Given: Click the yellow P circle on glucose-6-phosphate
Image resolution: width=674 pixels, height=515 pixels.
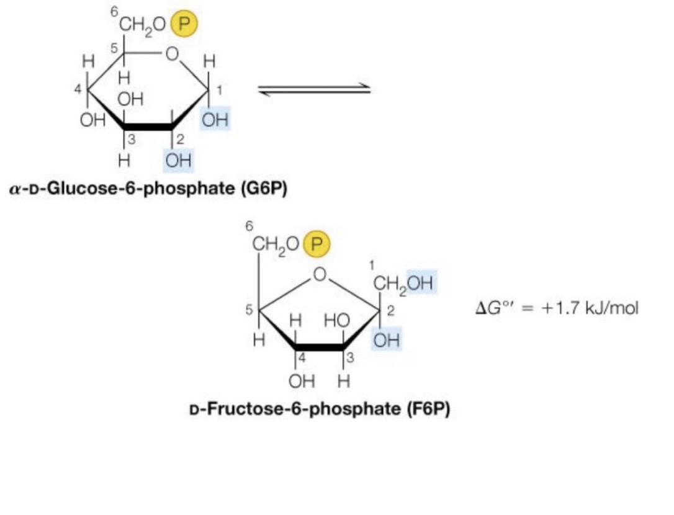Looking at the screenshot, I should click(x=184, y=24).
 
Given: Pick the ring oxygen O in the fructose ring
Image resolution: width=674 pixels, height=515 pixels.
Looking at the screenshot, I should click(x=320, y=274).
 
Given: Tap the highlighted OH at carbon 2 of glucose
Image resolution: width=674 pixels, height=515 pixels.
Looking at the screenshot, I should click(x=178, y=161).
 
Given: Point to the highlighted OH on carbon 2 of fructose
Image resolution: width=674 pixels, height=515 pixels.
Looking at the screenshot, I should click(x=385, y=340).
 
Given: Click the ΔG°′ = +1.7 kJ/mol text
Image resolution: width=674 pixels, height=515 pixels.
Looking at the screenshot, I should click(x=556, y=308).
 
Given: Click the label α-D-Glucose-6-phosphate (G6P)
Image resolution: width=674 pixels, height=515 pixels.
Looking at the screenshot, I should click(x=148, y=189).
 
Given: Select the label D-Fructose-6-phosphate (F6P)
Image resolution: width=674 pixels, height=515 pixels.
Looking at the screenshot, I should click(x=319, y=409).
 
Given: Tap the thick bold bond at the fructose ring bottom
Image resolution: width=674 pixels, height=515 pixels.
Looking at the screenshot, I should click(x=319, y=347).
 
